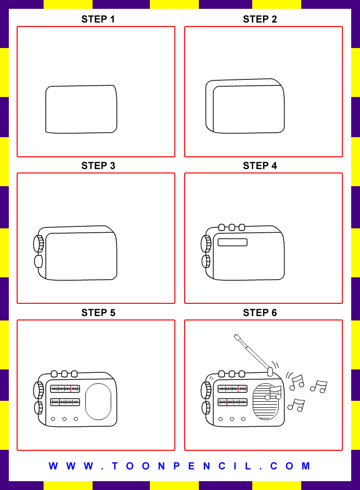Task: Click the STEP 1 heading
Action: (98, 20)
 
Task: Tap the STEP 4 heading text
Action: (260, 166)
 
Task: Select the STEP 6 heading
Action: (260, 313)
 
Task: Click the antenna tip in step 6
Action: (237, 337)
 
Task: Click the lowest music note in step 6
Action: (296, 405)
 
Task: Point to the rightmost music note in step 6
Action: (319, 387)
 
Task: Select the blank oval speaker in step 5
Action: (98, 401)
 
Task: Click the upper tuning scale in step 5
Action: (65, 389)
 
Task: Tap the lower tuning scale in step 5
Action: (65, 402)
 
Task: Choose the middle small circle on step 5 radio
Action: (65, 419)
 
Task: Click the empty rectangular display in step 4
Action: (232, 242)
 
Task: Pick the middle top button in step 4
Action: (232, 227)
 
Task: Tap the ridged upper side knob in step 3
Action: (38, 244)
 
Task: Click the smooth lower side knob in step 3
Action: (38, 261)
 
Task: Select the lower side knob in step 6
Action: (206, 408)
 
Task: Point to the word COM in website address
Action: (289, 466)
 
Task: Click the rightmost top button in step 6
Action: (241, 374)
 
